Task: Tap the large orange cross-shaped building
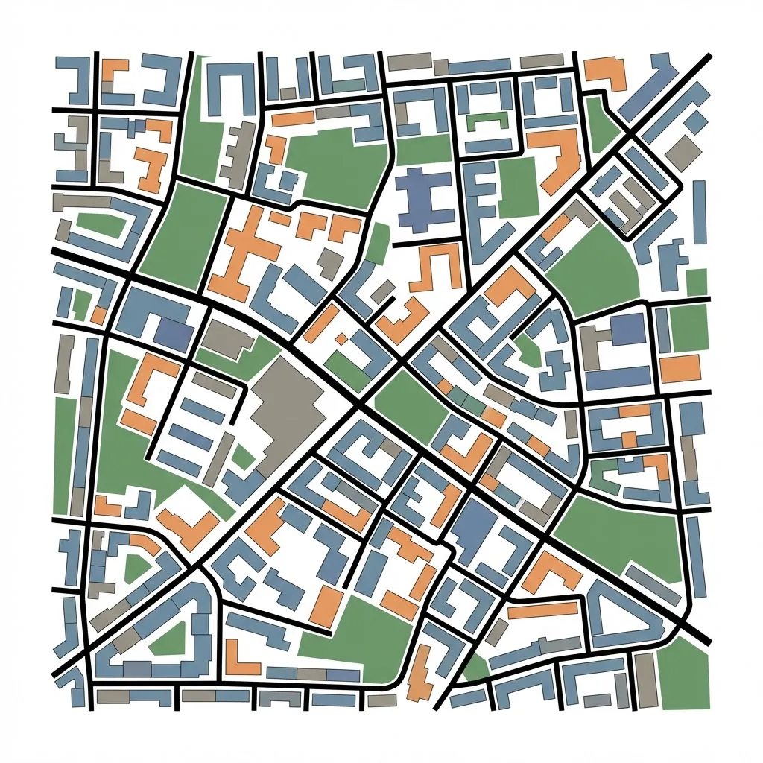242,253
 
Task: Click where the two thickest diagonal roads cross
359,406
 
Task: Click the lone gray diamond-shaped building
683,152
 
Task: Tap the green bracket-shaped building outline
485,119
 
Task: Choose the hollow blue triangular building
626,615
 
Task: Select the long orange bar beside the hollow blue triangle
542,610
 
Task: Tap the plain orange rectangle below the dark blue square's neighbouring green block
680,367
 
